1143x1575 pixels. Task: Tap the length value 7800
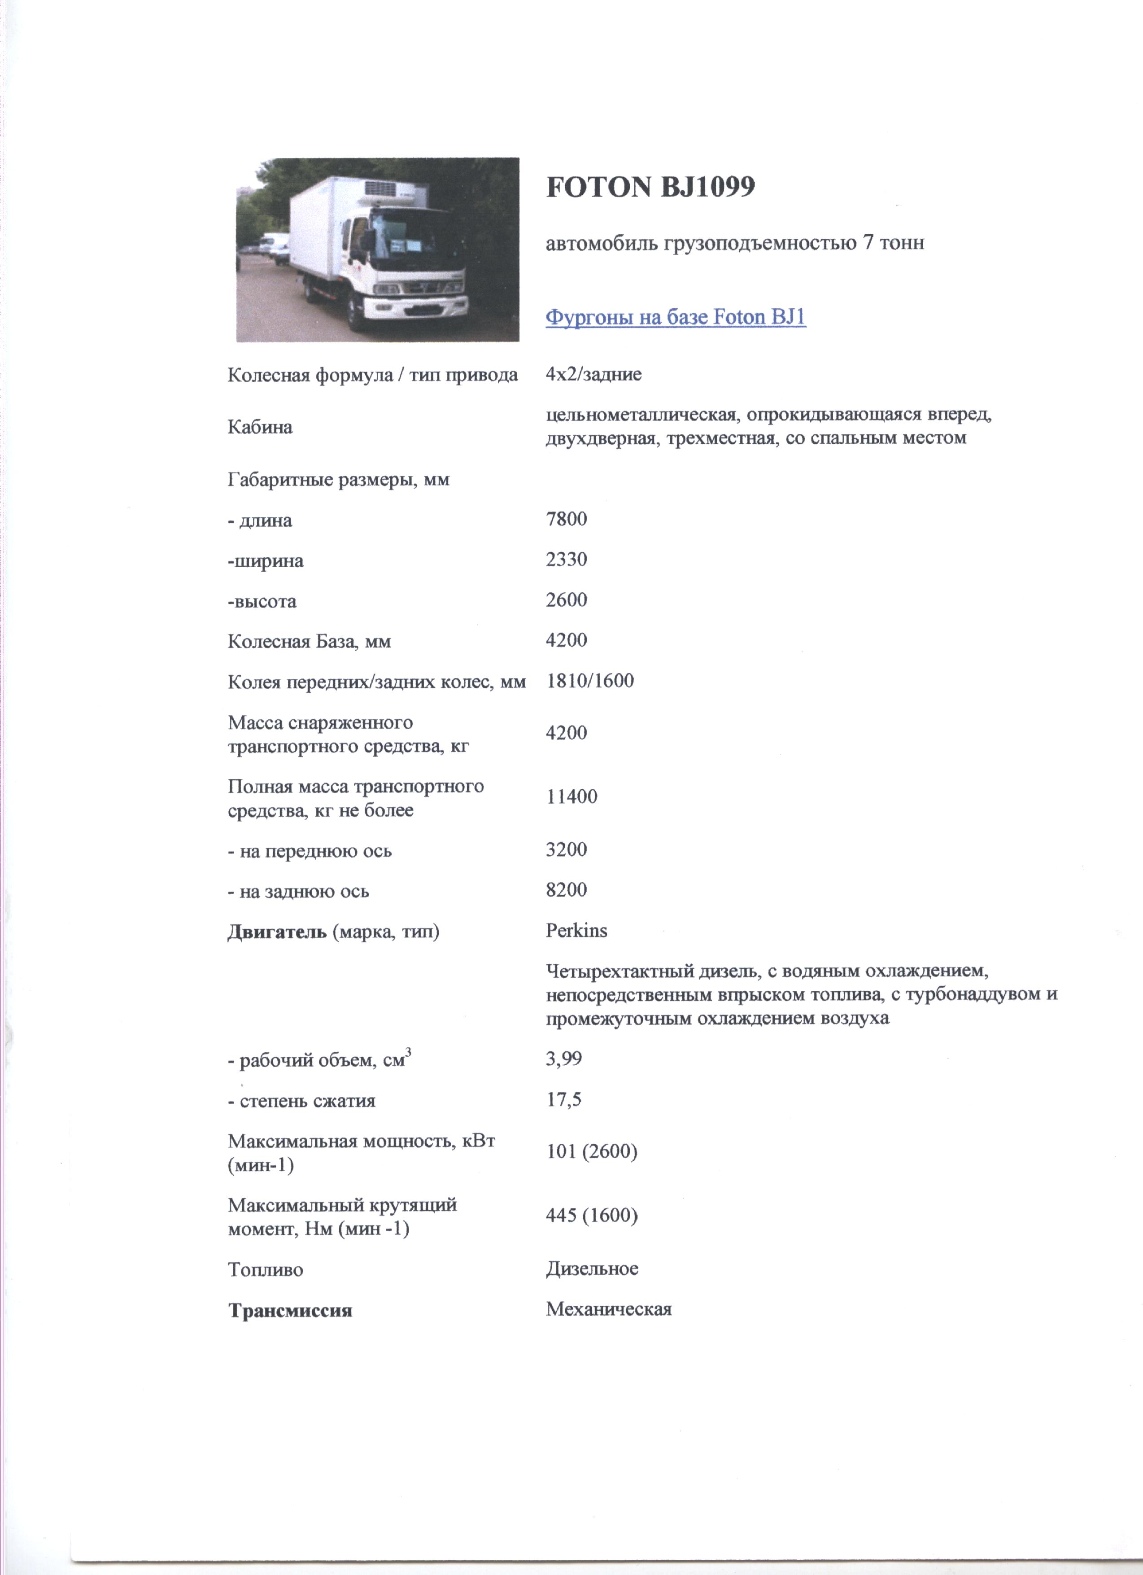566,520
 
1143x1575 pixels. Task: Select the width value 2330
566,560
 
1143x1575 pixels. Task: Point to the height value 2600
566,600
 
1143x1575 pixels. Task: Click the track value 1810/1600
589,681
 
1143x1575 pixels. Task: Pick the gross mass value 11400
571,796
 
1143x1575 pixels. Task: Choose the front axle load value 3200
566,849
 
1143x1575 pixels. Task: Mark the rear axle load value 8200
566,889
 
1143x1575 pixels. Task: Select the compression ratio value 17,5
563,1100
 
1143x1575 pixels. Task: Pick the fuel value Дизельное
592,1269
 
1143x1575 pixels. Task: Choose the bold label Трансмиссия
290,1310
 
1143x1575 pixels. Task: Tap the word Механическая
608,1310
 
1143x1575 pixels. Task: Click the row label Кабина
260,427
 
